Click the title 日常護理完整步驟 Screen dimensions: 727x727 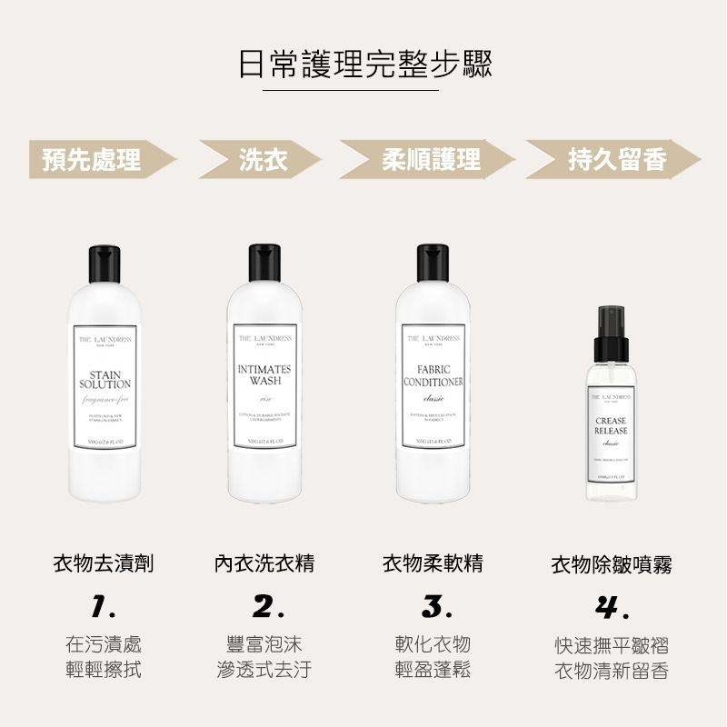(x=363, y=65)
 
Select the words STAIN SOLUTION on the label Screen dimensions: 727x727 (x=105, y=380)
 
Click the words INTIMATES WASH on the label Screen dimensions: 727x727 (x=264, y=375)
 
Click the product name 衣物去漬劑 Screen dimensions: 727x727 (x=104, y=564)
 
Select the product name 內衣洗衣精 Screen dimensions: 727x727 (x=264, y=564)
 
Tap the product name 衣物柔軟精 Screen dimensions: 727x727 (x=433, y=564)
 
